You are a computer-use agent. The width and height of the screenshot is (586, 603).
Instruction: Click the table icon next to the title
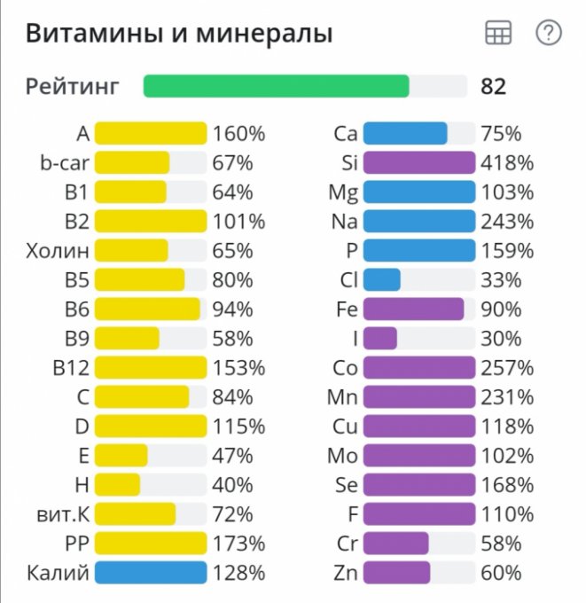498,34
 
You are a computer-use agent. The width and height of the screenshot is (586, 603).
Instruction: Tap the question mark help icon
549,34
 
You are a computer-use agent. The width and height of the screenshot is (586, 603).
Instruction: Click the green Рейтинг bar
276,86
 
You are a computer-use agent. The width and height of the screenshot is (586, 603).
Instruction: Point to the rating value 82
493,86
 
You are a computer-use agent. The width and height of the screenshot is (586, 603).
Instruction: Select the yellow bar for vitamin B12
150,367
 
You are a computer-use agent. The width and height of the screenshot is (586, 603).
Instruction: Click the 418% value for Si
507,163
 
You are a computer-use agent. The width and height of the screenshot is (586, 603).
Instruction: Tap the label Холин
58,250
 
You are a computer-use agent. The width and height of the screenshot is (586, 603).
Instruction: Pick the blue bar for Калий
150,572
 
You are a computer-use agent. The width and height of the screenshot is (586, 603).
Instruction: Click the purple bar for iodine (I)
379,338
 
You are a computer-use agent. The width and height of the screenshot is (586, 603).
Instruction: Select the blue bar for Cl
381,279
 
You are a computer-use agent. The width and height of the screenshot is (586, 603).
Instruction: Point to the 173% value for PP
238,543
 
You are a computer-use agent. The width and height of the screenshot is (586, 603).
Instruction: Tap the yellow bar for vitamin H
117,484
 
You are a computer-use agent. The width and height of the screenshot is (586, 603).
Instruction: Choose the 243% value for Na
507,221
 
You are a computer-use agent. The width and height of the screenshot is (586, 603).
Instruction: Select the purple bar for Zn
396,572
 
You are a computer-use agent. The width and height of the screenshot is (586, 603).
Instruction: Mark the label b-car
59,163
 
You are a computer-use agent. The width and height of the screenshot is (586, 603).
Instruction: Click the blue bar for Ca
405,134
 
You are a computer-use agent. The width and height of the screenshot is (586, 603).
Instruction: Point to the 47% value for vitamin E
232,455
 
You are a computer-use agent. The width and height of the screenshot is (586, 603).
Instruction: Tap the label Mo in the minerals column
342,455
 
